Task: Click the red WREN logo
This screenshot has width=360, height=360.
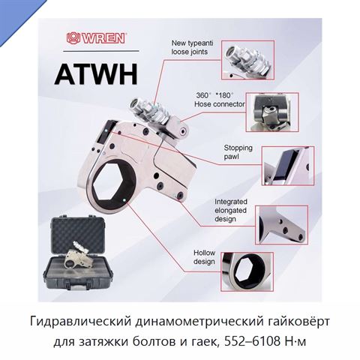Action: click(96, 38)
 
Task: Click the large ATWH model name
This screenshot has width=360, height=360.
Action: click(96, 74)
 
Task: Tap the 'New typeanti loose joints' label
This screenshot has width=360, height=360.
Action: click(192, 47)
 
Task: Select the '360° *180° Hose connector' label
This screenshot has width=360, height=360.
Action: click(220, 100)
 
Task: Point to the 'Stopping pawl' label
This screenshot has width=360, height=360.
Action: click(238, 152)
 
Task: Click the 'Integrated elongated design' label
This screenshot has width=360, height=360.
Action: click(231, 210)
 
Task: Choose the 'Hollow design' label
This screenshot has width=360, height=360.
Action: click(204, 257)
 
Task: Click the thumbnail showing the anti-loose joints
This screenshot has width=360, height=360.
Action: click(247, 60)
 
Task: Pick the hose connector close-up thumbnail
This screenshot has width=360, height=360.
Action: click(272, 112)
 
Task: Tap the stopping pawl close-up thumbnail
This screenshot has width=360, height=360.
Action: click(288, 166)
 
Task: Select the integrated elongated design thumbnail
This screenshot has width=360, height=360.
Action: click(281, 225)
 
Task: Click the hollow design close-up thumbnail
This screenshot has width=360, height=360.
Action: click(247, 271)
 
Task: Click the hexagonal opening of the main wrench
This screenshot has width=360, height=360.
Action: click(114, 184)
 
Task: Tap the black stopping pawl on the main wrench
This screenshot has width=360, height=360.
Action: click(106, 132)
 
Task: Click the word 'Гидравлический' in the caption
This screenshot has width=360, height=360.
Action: click(80, 322)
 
